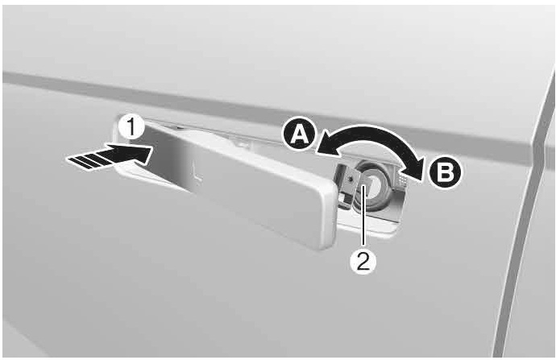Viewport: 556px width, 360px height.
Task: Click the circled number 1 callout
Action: [x=131, y=127]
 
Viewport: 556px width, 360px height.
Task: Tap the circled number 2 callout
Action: [x=363, y=262]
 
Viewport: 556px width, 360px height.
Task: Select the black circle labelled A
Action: [x=299, y=134]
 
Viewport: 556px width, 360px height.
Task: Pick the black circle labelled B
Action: [x=446, y=174]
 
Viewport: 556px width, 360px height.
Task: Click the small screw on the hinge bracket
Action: [x=351, y=180]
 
